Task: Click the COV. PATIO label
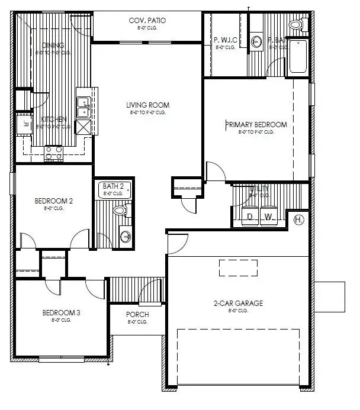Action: click(x=147, y=21)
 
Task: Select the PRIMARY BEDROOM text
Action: click(x=256, y=125)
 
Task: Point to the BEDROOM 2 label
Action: click(x=53, y=201)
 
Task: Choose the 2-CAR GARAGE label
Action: click(x=239, y=304)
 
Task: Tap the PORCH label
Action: click(x=137, y=314)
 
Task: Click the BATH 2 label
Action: click(x=113, y=186)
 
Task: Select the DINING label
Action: click(x=52, y=45)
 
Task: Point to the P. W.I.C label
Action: click(x=226, y=40)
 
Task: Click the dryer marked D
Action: click(x=250, y=217)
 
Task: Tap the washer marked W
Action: click(x=268, y=217)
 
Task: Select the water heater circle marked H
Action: click(x=299, y=220)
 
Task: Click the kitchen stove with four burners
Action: click(x=54, y=153)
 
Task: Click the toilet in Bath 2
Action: click(x=121, y=210)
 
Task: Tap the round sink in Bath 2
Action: click(x=126, y=237)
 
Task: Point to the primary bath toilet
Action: click(x=297, y=25)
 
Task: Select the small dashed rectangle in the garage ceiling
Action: click(x=239, y=268)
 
